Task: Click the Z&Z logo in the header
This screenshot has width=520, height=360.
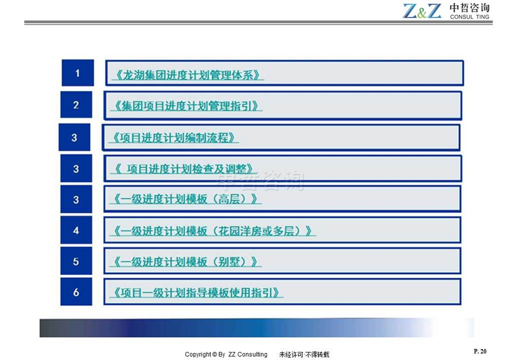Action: (422, 11)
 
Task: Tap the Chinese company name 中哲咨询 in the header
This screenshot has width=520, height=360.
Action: (470, 8)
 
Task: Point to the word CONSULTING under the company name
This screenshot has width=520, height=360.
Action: (470, 17)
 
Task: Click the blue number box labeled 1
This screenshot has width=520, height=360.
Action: (77, 73)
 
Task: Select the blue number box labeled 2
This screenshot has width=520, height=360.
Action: (76, 104)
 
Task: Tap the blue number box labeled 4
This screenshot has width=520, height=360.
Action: (76, 230)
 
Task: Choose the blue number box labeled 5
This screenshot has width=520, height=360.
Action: (76, 261)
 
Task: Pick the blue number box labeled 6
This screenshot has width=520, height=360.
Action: (76, 292)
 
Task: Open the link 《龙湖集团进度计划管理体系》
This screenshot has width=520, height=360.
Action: (187, 75)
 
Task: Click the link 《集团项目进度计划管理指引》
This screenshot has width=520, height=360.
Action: (186, 106)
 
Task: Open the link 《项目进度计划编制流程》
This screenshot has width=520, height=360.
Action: (174, 138)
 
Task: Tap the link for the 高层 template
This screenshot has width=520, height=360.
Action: (186, 199)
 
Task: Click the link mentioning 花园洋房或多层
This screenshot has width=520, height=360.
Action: (213, 231)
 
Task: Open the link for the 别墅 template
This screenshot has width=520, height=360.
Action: (186, 261)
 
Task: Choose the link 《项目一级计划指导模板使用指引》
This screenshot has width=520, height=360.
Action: (196, 292)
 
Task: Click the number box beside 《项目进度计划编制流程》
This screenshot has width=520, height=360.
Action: (74, 138)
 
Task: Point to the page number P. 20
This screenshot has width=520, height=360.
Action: (480, 351)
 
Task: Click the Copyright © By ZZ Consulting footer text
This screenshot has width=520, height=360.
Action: (226, 355)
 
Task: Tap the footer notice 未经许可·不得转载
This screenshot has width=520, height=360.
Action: (304, 355)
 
